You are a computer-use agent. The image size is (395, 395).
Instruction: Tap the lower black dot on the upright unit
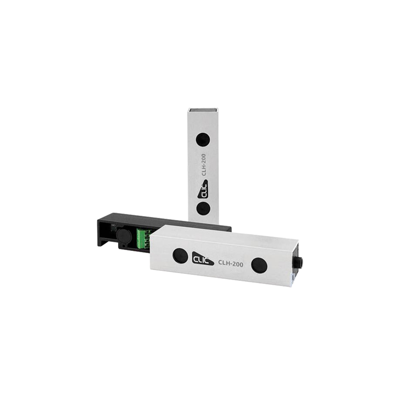pos(203,208)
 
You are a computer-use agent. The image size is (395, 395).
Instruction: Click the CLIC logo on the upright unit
pos(202,187)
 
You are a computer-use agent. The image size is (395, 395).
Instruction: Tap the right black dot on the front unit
pos(259,265)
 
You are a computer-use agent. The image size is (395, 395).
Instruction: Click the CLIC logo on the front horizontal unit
pos(203,258)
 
